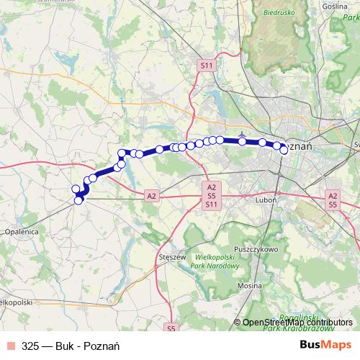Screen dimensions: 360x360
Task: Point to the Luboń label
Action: (265, 201)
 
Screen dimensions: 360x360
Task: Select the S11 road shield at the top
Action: (207, 66)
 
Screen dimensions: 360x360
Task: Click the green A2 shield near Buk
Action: (151, 195)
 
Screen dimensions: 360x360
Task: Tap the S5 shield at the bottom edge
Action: (171, 329)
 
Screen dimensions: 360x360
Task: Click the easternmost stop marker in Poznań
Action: (284, 150)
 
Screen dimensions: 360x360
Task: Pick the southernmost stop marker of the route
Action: (78, 201)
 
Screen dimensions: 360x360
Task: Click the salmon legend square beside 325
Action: (10, 346)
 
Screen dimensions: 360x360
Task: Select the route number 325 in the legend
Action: (31, 346)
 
